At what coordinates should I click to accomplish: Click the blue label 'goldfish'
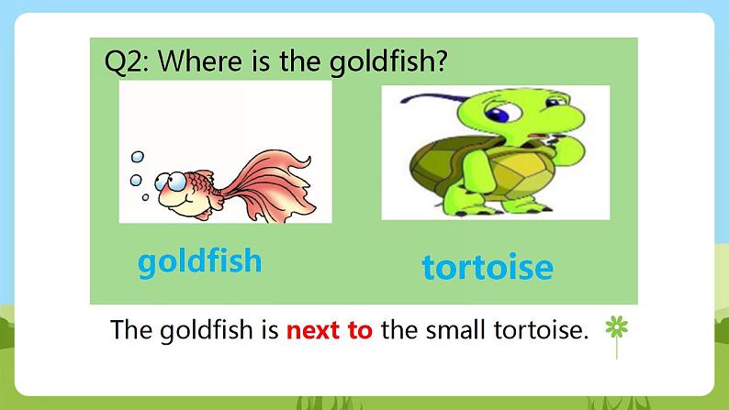pos(199,262)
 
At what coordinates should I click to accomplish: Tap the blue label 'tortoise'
pos(488,267)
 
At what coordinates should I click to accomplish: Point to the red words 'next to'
pos(330,330)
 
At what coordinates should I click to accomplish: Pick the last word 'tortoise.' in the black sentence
pos(543,330)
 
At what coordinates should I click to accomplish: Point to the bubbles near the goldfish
pos(138,174)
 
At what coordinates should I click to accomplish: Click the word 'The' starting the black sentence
pos(129,330)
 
